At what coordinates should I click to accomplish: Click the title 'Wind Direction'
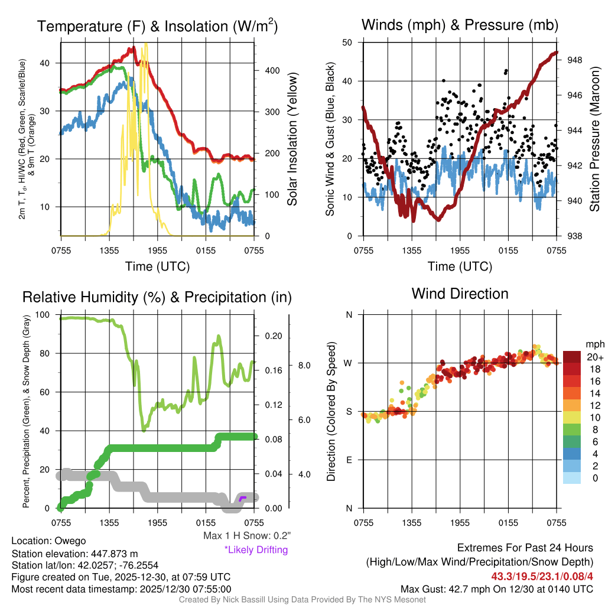coord(460,294)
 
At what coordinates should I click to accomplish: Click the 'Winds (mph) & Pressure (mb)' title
coord(460,25)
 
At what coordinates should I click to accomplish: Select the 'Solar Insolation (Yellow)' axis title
coord(292,139)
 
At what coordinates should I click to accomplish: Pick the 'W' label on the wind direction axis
coord(348,363)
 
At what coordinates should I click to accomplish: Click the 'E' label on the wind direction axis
coord(349,460)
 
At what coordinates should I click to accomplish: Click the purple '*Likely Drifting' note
coord(256,549)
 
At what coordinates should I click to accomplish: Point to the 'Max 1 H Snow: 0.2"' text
coord(247,536)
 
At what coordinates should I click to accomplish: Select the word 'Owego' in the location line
coord(70,541)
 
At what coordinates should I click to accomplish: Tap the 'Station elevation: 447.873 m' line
coord(74,554)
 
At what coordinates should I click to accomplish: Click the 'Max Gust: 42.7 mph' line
coord(496,589)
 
